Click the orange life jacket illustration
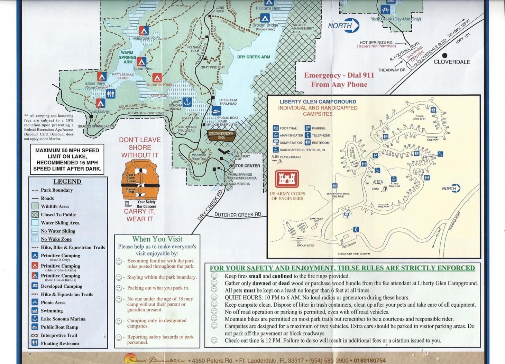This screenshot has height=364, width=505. pyautogui.click(x=140, y=180)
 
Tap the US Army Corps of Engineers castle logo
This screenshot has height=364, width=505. pyautogui.click(x=287, y=179)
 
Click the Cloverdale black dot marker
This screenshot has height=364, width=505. pyautogui.click(x=444, y=55)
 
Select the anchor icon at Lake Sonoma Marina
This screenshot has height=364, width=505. pyautogui.click(x=187, y=102)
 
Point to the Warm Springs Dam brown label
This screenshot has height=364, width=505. pyautogui.click(x=221, y=135)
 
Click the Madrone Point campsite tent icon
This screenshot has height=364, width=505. pyautogui.click(x=144, y=30)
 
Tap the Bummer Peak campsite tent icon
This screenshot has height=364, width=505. pyautogui.click(x=157, y=78)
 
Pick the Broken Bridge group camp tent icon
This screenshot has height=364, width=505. pyautogui.click(x=265, y=18)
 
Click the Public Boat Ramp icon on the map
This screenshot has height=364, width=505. pyautogui.click(x=216, y=111)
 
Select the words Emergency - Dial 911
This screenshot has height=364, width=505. pyautogui.click(x=339, y=76)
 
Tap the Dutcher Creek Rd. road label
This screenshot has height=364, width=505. pyautogui.click(x=238, y=214)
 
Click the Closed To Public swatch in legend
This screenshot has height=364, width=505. pyautogui.click(x=35, y=214)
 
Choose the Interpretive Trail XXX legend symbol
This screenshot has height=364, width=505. pyautogui.click(x=35, y=335)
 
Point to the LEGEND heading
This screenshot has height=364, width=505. pyautogui.click(x=67, y=182)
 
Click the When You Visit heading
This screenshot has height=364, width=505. pyautogui.click(x=157, y=239)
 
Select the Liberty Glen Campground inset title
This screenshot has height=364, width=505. pyautogui.click(x=318, y=102)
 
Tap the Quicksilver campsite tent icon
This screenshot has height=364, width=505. pyautogui.click(x=100, y=103)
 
